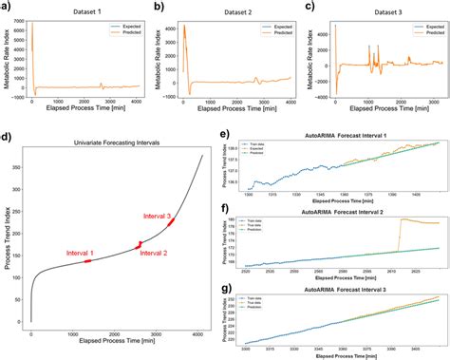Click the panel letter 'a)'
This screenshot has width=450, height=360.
tap(7, 7)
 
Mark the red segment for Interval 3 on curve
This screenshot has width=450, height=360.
tap(170, 223)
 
